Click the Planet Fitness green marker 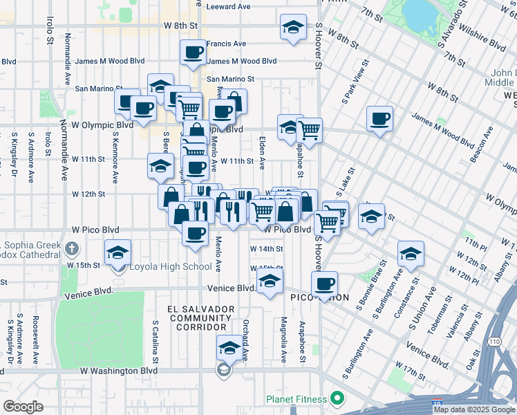tap(337, 398)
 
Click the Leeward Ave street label tap(229, 6)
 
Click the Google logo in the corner tap(23, 406)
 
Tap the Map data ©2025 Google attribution tap(474, 409)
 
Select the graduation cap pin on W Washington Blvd tap(227, 348)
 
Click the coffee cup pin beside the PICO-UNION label tap(323, 283)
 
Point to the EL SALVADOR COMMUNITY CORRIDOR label tap(201, 317)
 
